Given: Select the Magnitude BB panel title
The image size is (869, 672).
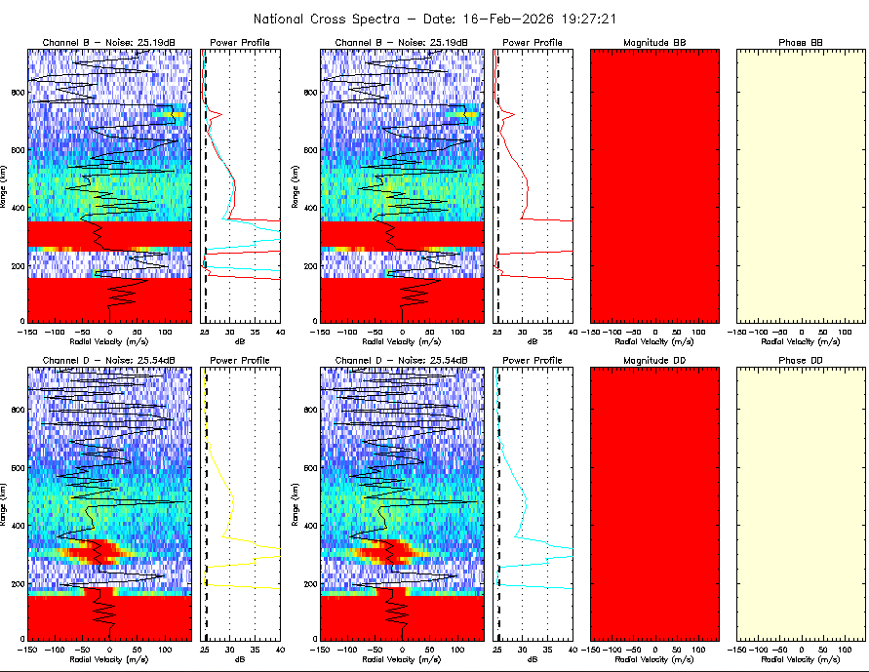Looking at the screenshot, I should (655, 43).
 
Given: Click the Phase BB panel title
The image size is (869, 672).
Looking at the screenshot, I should (801, 43).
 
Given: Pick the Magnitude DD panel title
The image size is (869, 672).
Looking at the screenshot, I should (655, 361).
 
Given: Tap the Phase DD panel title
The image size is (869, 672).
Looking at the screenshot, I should (801, 361).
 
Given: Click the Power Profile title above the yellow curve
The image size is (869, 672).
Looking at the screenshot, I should (241, 361).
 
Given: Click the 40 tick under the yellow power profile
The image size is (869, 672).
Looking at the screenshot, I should (279, 649).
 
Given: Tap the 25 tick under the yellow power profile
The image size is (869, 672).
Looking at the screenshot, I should (205, 649).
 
